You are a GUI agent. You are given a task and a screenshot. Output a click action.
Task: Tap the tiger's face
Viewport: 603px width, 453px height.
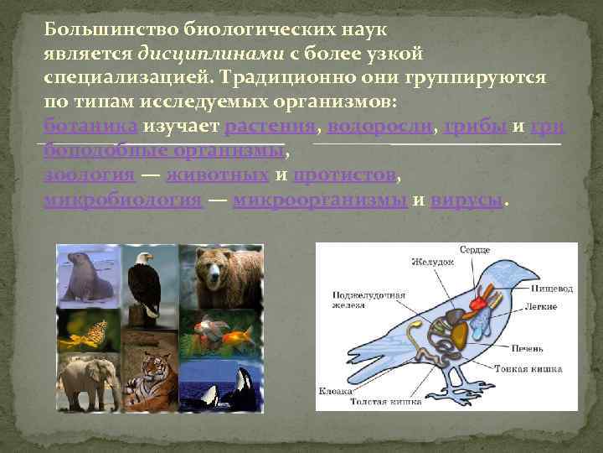[154, 369]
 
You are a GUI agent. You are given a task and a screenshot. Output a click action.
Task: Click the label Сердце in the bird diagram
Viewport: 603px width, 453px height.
[474, 250]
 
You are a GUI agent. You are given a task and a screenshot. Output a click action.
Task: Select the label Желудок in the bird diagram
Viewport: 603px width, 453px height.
[432, 262]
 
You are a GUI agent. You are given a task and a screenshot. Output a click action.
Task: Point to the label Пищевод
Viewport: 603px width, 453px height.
[553, 289]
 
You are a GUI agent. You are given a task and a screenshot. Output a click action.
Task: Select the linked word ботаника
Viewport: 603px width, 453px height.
[90, 127]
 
